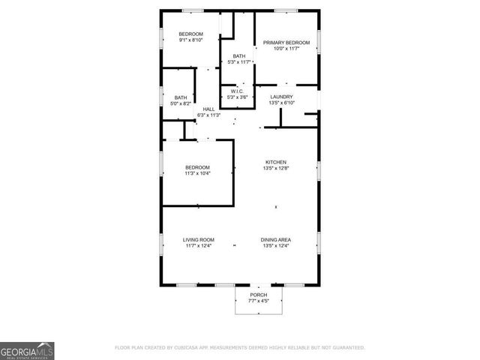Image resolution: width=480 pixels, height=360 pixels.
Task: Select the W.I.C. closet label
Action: pos(238,91)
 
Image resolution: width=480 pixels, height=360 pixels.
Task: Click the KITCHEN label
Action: pos(275,162)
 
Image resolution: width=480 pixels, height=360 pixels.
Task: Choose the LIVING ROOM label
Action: pos(199,240)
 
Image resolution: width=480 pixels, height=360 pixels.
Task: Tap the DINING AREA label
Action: pos(275,240)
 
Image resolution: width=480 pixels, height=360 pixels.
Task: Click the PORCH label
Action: pos(258,295)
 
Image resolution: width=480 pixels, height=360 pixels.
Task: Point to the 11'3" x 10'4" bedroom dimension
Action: pos(198,173)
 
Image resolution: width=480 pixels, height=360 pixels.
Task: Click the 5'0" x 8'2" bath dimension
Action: pos(181,104)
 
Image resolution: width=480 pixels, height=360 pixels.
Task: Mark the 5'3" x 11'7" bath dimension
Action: pos(238,62)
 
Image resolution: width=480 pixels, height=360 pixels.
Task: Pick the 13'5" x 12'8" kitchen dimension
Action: pos(275,169)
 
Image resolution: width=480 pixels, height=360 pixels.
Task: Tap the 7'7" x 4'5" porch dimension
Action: pos(258,301)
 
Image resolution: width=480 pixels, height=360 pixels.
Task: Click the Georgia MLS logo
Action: pos(27,350)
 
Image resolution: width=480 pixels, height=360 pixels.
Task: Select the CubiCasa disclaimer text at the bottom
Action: pos(239,348)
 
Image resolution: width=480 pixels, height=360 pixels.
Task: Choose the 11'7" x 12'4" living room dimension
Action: pos(199,247)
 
